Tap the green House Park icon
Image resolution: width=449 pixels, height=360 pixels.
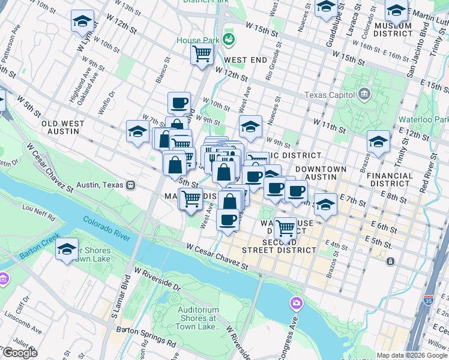[x=228, y=40]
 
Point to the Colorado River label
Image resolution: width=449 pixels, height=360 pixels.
[x=106, y=229]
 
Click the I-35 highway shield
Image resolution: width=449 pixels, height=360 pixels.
[x=428, y=298]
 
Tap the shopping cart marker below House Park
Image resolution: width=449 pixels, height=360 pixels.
[x=202, y=53]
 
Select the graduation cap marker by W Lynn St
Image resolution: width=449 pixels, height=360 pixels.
[x=82, y=22]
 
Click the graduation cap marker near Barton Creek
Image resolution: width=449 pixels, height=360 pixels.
[x=67, y=249]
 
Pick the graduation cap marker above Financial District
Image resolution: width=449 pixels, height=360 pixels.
[x=378, y=142]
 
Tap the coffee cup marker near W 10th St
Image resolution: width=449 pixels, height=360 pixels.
[x=179, y=103]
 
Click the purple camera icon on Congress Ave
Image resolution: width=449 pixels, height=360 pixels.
[x=295, y=303]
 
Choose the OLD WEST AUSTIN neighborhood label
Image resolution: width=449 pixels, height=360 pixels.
[x=71, y=128]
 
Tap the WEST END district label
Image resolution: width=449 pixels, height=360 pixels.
[x=245, y=60]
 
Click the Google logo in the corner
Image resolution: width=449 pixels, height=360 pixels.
[x=19, y=352]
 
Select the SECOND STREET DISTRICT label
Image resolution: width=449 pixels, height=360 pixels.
[x=279, y=245]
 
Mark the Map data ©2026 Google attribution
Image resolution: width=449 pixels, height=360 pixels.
[x=411, y=356]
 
